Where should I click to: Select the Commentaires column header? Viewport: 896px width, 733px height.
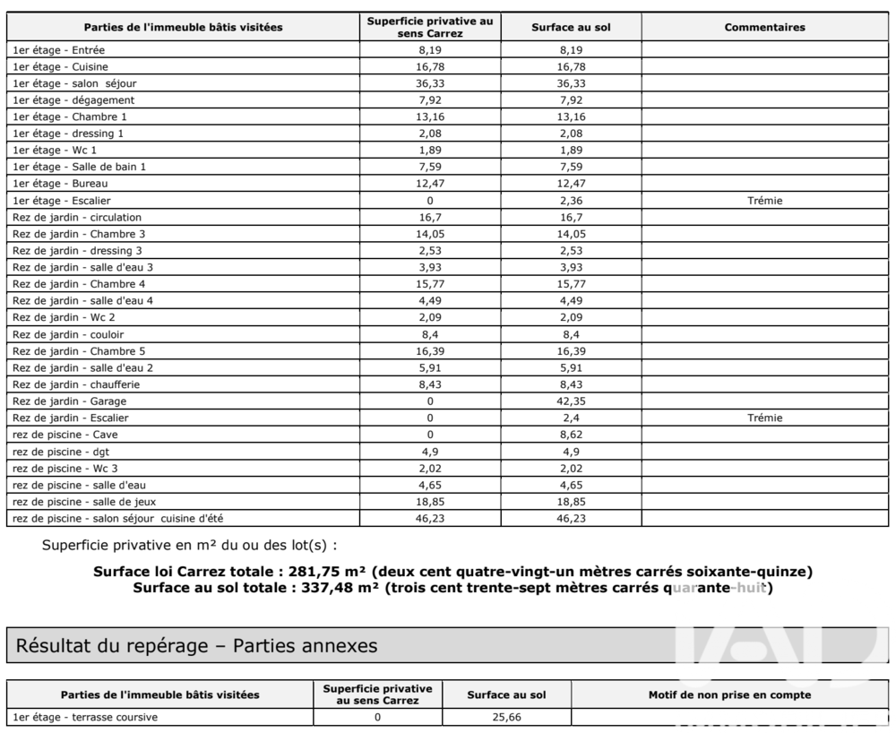[764, 27]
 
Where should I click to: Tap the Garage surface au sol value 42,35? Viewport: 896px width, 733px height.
[571, 401]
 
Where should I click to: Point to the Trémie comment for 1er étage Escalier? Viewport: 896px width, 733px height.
[764, 201]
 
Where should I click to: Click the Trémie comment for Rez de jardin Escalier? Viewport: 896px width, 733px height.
[764, 418]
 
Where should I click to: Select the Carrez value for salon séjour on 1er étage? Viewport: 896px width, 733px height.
[429, 83]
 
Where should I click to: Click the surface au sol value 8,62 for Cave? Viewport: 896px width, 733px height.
[571, 435]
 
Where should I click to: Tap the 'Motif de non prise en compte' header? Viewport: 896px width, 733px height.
[730, 694]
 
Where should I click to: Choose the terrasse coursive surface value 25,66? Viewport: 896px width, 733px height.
[506, 717]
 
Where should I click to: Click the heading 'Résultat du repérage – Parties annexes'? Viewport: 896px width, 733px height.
[196, 645]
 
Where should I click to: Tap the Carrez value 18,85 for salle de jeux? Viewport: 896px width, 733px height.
[429, 502]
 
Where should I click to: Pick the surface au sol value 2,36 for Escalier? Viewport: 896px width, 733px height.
[571, 201]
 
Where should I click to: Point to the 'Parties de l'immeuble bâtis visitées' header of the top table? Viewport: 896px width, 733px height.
[183, 27]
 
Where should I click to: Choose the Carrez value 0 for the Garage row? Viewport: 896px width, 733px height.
[429, 401]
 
